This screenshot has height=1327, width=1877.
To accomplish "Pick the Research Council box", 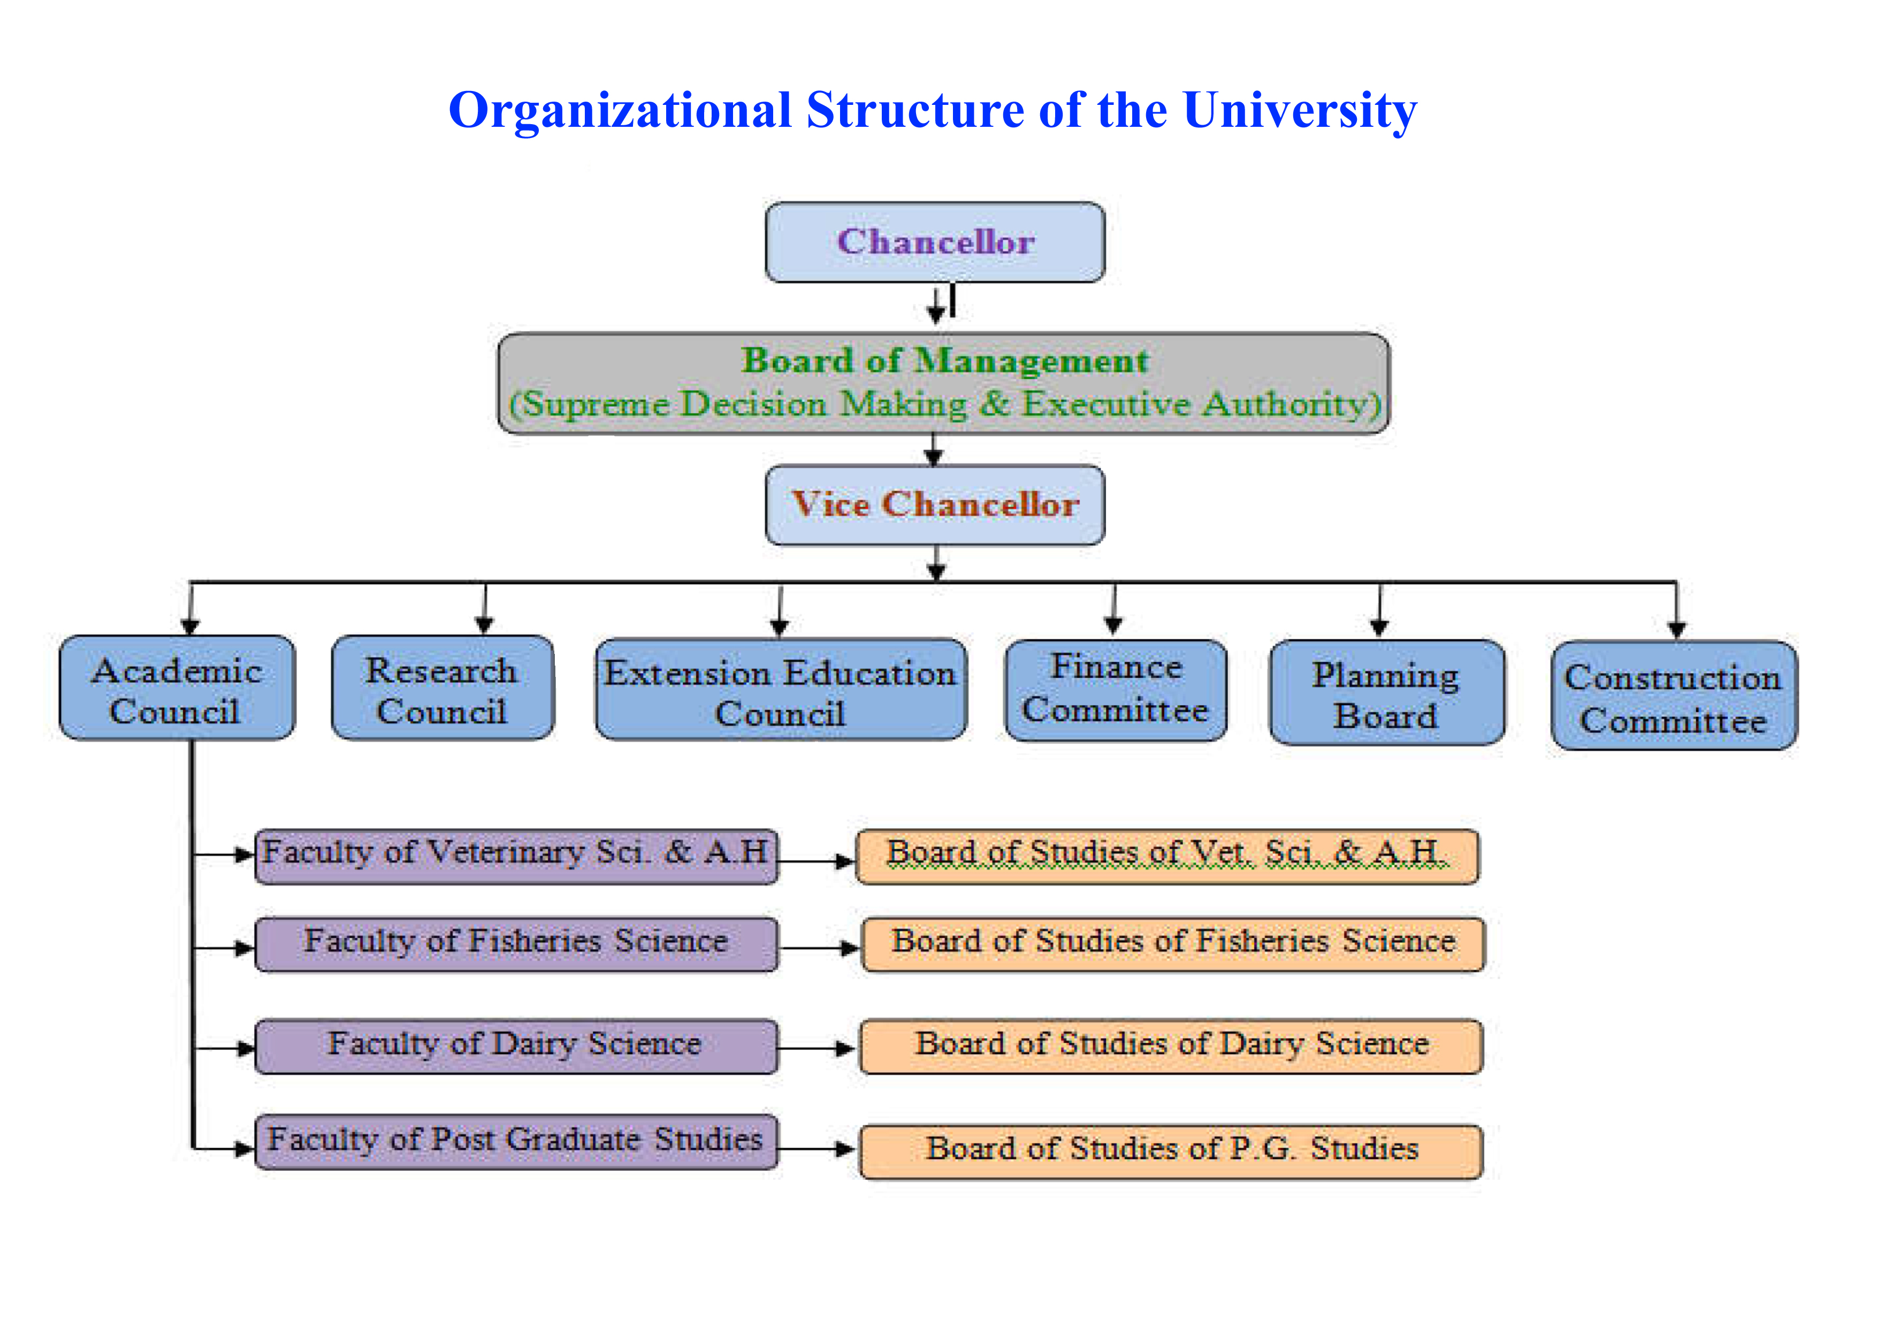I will (x=442, y=689).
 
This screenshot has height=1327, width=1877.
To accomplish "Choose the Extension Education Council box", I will (x=780, y=691).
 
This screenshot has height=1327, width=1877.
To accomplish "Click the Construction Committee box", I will (x=1674, y=696).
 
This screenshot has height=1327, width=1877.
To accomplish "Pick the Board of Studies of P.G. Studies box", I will (x=1171, y=1151).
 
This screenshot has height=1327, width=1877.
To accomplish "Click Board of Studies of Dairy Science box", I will (x=1171, y=1045).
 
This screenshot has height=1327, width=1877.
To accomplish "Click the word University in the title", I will (x=1299, y=110).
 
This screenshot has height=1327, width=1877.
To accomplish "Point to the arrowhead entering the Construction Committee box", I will (x=1677, y=630).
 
